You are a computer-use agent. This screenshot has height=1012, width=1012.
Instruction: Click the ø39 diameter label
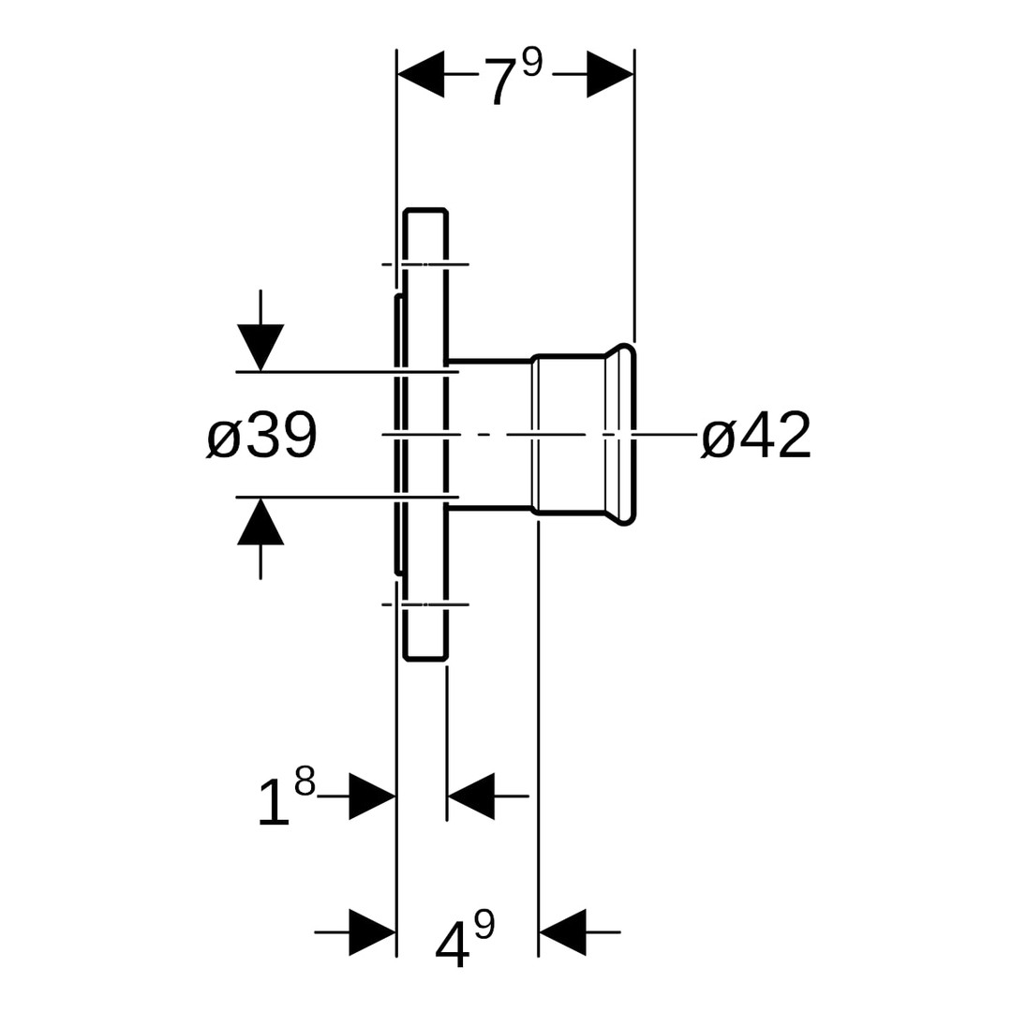point(262,436)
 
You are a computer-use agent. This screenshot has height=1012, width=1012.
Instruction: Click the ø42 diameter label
point(756,436)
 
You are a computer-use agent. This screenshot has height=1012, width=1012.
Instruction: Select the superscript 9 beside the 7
point(532,63)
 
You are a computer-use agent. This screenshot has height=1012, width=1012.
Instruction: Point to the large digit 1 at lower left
point(273,803)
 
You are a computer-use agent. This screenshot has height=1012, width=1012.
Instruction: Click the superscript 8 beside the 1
point(305,781)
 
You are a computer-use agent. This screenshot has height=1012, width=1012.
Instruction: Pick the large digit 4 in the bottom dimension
point(452,943)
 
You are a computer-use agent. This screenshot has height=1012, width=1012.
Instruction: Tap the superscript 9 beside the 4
point(484,924)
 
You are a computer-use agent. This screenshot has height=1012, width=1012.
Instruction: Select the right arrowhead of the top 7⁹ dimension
point(610,74)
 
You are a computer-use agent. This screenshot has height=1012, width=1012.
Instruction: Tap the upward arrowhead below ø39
point(260,522)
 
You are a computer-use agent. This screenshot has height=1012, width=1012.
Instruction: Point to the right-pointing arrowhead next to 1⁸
point(372,796)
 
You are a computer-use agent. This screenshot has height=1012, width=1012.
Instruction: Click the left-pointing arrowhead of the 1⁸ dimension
point(471,796)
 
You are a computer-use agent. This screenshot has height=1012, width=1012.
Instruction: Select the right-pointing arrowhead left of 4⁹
point(372,932)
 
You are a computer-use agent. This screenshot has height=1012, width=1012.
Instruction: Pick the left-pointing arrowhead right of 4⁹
point(562,932)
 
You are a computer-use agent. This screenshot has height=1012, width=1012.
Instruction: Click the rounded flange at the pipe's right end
point(627,435)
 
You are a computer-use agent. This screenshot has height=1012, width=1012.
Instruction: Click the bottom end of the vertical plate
point(425,658)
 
